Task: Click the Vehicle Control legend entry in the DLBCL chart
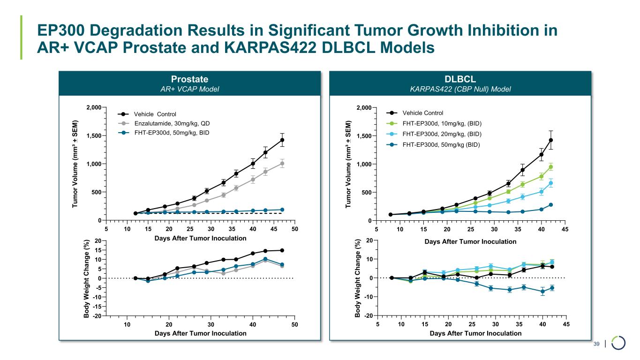pos(422,113)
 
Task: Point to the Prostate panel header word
pos(190,79)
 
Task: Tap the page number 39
pos(597,345)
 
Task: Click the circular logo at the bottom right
pos(619,343)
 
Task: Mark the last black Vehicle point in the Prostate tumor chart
pos(282,140)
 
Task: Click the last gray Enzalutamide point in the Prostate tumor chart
pos(282,164)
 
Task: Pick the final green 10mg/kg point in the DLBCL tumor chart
pos(551,167)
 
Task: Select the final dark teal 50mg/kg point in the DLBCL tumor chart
pos(551,205)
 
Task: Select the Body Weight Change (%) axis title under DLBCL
pos(358,278)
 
